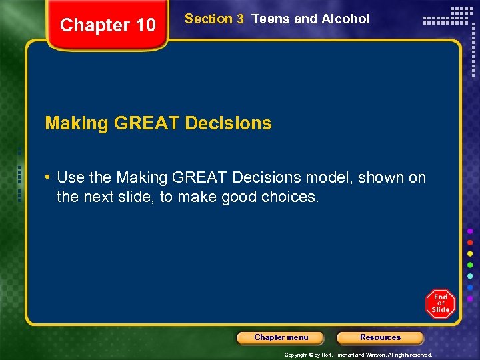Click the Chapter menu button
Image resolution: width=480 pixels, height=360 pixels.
click(281, 337)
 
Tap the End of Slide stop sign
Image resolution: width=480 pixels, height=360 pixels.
click(440, 304)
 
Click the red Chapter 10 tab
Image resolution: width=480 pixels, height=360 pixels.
click(108, 25)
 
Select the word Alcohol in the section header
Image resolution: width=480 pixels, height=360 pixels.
click(345, 19)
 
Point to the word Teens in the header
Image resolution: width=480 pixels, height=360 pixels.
click(271, 19)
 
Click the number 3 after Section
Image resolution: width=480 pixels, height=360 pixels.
click(240, 19)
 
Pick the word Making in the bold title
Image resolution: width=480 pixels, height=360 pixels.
click(76, 123)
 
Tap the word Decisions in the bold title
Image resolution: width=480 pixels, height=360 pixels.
click(228, 123)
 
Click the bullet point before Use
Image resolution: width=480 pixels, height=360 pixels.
click(49, 178)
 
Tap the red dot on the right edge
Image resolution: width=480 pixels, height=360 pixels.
click(470, 242)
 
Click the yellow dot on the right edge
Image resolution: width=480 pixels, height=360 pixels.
click(470, 254)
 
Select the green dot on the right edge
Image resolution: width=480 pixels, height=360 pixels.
click(470, 265)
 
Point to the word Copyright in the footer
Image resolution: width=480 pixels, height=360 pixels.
click(296, 355)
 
